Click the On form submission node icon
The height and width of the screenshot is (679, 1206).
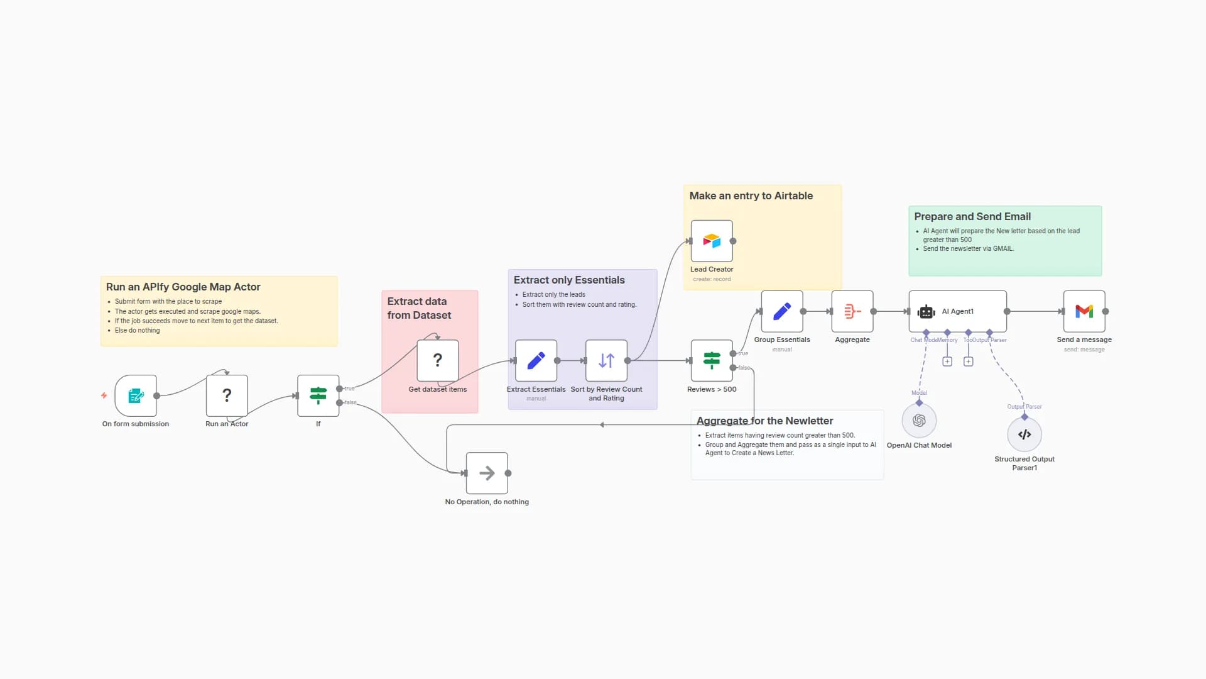[x=136, y=395]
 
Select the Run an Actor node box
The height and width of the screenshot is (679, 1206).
[x=227, y=395]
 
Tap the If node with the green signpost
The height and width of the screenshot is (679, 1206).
[x=318, y=395]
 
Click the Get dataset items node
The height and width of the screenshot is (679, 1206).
[x=438, y=360]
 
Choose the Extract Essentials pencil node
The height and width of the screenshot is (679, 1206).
[x=536, y=360]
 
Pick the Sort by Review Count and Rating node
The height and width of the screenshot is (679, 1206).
[x=606, y=360]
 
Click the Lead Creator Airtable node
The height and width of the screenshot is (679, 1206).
[x=712, y=241]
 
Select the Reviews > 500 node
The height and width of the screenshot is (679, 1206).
[x=712, y=360]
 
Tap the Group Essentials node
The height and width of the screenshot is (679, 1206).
[x=782, y=311]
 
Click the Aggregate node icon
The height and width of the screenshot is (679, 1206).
[x=852, y=311]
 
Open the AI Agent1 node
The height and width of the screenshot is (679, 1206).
[x=957, y=311]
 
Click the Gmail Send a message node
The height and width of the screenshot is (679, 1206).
[x=1084, y=311]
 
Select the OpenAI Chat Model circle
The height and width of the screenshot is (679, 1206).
[x=919, y=421]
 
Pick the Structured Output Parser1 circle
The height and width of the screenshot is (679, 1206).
[x=1024, y=434]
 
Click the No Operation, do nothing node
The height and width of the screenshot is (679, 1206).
[x=487, y=473]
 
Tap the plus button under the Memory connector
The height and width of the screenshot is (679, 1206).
[x=947, y=362]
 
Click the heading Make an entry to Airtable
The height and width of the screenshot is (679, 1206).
[x=751, y=196]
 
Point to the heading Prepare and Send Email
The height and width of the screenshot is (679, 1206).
[x=972, y=216]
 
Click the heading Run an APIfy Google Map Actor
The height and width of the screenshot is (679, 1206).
[x=183, y=287]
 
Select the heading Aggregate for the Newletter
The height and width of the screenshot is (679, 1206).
[x=764, y=421]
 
